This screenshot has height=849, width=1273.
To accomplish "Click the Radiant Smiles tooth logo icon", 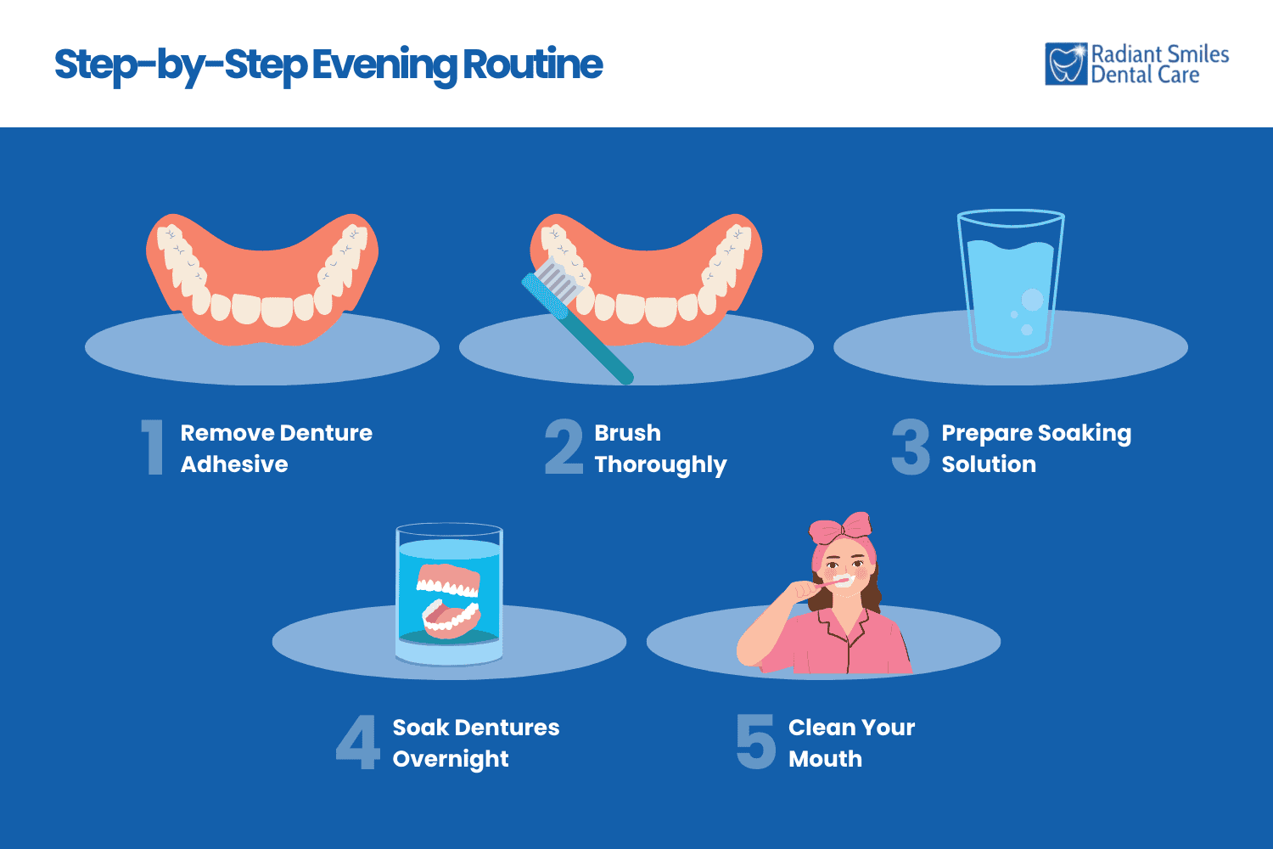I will tap(1066, 65).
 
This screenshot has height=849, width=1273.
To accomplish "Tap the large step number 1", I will tap(153, 447).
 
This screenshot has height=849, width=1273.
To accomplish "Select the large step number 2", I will tap(564, 447).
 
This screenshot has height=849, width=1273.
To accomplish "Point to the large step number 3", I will tap(911, 447).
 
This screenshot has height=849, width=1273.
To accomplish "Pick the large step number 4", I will tap(357, 742).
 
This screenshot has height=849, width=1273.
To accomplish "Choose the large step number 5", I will tap(755, 742).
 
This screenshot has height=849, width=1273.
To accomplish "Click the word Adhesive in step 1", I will tap(234, 464).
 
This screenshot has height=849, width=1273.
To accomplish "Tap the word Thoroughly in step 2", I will tap(660, 464).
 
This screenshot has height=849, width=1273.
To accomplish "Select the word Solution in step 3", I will tap(989, 464).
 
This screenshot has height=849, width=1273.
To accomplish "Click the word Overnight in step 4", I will tap(451, 759).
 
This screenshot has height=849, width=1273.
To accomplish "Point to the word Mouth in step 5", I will tap(825, 759).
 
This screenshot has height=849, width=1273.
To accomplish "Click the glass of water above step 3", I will tap(1010, 284).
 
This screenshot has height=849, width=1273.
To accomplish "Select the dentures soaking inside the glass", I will tap(448, 599).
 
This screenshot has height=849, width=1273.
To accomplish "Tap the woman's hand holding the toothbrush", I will tap(803, 589).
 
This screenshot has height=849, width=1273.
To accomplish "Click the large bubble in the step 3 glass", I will tap(1032, 300).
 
